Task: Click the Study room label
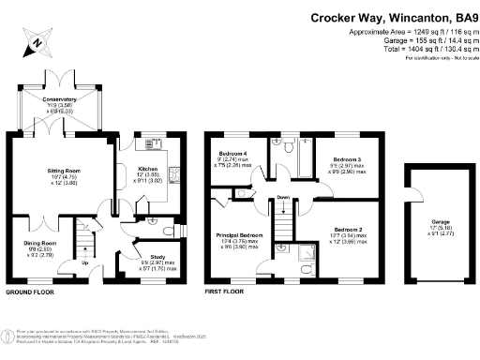coord(157,255)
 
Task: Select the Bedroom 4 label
coord(232,153)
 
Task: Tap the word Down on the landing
coord(284,198)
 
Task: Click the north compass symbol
coord(35,40)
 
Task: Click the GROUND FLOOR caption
coord(31,292)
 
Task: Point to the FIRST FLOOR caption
coord(226,292)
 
